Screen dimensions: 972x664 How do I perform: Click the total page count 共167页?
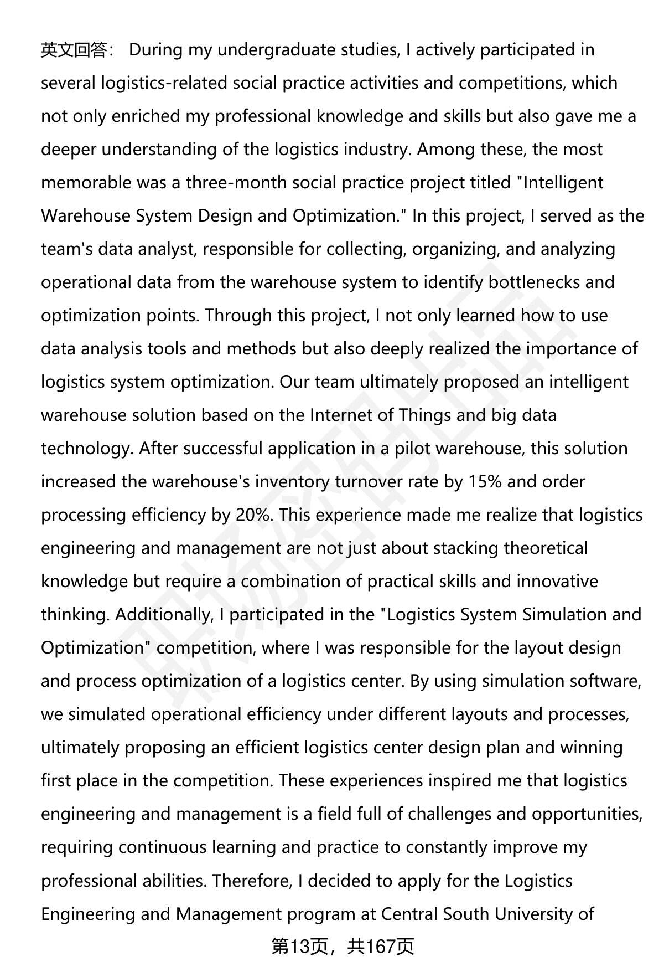click(381, 947)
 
